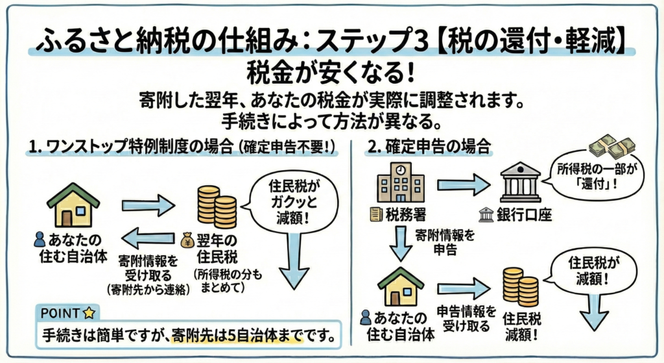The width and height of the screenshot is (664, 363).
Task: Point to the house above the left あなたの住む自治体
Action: [x=73, y=205]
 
